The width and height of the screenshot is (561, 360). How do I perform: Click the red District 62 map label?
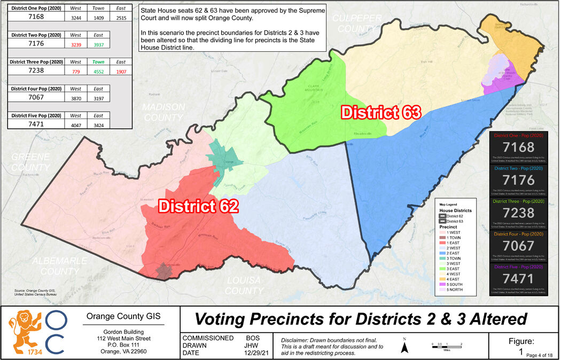(x=198, y=205)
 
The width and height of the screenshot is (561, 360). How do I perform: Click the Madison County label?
(x=163, y=112)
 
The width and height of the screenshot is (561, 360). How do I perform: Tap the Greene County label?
(x=30, y=162)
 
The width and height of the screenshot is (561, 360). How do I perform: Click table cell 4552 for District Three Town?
(x=95, y=72)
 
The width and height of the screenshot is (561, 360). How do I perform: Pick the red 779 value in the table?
(x=76, y=72)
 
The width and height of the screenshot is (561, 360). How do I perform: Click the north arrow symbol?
(x=405, y=347)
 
